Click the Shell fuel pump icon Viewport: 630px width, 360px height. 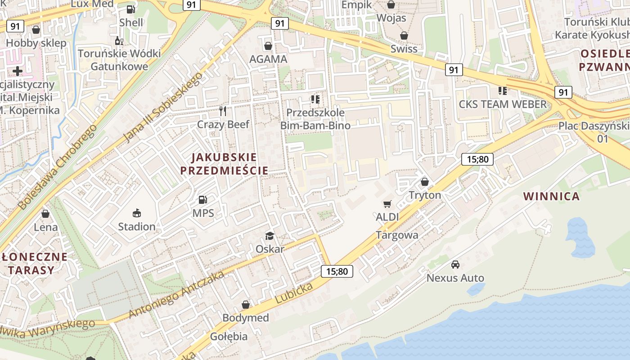point(131,9)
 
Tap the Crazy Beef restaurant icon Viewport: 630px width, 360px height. point(223,111)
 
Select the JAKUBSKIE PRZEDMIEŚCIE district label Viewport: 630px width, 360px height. point(224,164)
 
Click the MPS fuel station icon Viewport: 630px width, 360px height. point(203,199)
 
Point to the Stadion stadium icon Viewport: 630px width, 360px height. point(137,213)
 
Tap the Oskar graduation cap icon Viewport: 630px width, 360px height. point(270,236)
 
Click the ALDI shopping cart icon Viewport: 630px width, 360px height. point(387,204)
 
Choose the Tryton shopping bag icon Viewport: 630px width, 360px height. point(424,182)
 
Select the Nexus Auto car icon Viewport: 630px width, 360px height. point(455,265)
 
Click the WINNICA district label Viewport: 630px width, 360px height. point(551,196)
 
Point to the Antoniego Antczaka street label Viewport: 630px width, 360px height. point(176,295)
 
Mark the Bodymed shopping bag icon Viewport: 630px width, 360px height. point(246,305)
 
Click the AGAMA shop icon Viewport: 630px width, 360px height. point(268,46)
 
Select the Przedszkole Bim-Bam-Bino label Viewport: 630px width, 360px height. point(315,119)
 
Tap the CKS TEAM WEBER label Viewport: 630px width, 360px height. point(502,104)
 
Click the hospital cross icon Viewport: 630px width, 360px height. point(18,71)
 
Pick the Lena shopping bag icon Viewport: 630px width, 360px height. point(45,214)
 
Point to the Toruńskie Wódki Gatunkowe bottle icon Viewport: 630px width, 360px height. point(119,40)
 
